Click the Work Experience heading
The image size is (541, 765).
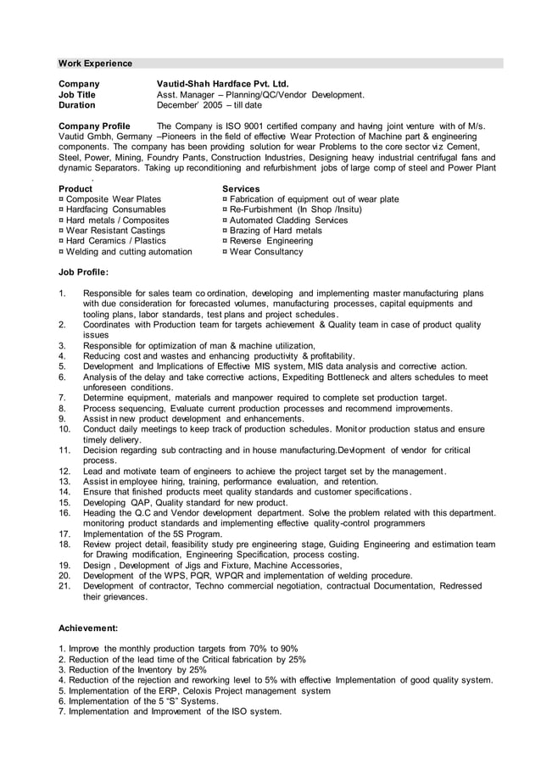(x=95, y=64)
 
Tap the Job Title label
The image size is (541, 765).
(x=76, y=95)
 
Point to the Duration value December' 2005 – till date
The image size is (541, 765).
(x=209, y=106)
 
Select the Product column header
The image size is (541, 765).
(x=75, y=188)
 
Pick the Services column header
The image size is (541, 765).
(x=241, y=188)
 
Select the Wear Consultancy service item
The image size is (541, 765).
(x=262, y=252)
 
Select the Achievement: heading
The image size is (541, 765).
(x=87, y=628)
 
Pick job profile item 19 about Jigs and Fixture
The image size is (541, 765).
(x=213, y=565)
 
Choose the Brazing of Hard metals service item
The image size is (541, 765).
(x=271, y=231)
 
